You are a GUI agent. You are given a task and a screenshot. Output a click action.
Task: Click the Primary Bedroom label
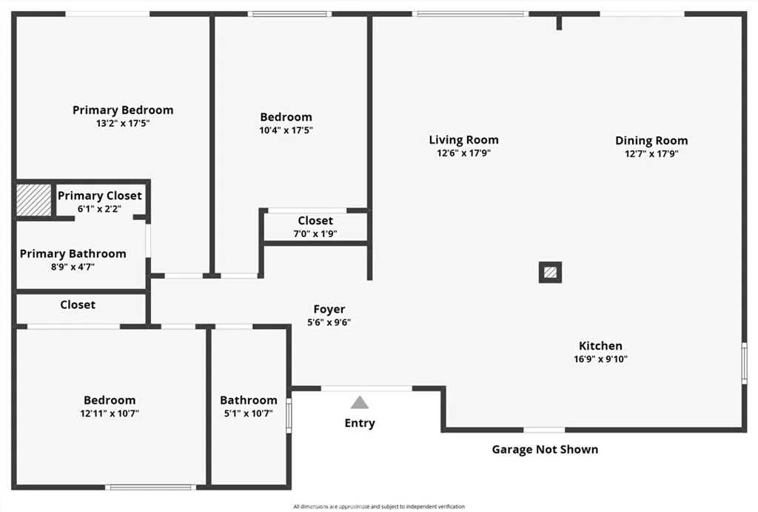point(123,110)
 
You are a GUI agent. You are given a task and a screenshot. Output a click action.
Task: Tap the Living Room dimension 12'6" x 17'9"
point(463,153)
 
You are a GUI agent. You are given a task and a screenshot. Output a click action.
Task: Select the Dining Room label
point(651,140)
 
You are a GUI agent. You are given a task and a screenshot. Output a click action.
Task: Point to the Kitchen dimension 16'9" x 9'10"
point(600,359)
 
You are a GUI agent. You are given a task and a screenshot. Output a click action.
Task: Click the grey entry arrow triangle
point(359,402)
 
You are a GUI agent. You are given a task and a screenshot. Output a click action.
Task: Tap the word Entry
point(360,423)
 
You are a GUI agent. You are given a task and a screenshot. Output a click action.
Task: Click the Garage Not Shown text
point(545,449)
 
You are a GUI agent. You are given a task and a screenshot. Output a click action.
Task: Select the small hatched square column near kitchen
point(550,272)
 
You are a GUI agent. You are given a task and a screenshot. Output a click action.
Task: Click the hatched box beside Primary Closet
point(34,200)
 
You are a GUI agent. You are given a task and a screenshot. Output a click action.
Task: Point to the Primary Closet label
point(100,196)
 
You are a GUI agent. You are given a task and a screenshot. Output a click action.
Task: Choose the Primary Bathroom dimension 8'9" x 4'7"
point(73,267)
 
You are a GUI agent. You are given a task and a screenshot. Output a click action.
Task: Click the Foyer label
point(329,309)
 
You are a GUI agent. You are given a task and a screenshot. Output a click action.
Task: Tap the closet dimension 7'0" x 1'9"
point(315,233)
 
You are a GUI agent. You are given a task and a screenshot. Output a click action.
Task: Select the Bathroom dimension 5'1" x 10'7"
point(249,413)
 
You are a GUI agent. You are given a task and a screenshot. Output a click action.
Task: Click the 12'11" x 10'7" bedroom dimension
point(110,413)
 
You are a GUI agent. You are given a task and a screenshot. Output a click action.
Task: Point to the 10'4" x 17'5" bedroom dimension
point(286,130)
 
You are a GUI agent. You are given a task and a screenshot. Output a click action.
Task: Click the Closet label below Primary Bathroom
point(77,305)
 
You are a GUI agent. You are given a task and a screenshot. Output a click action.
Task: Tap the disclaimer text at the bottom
point(379,506)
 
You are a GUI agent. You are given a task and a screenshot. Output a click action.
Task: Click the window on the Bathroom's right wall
point(289,415)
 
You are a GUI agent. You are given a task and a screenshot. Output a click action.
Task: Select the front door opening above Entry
point(366,388)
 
